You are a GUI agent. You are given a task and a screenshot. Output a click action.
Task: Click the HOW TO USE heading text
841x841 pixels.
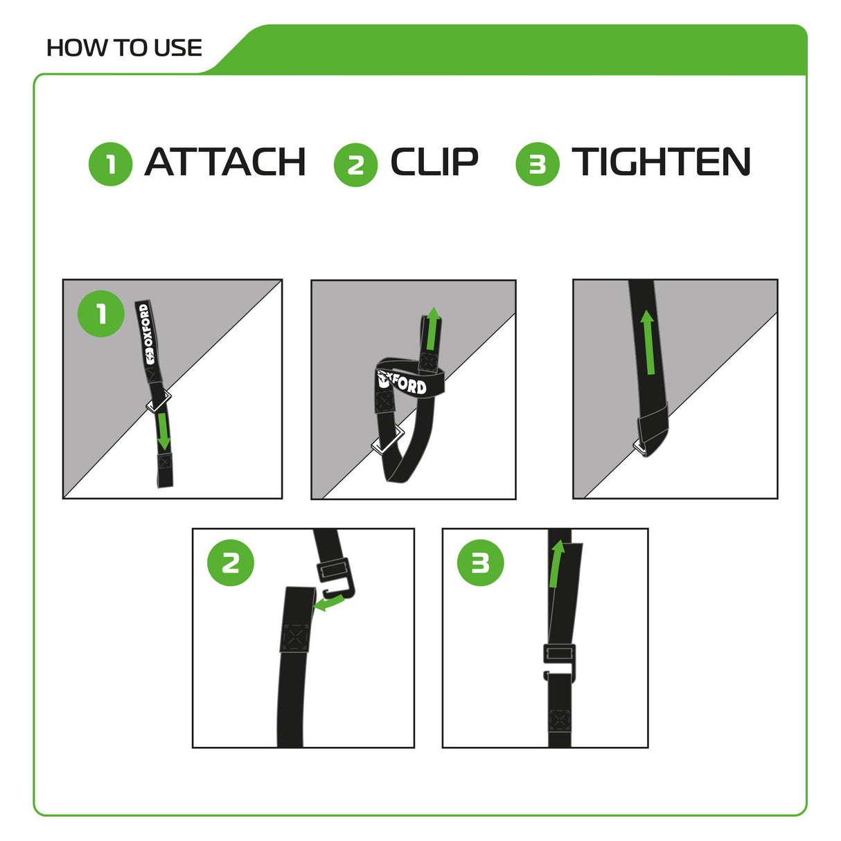click(x=124, y=48)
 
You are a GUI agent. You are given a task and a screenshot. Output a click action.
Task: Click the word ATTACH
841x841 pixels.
click(x=225, y=162)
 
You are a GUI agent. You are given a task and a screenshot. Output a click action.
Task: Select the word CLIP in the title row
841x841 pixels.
click(x=434, y=162)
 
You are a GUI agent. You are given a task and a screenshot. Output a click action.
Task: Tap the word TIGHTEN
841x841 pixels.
click(x=661, y=162)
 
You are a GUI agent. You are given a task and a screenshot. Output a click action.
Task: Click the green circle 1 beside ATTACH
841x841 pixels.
click(x=110, y=164)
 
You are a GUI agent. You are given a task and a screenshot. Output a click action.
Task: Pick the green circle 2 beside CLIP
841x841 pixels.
click(x=355, y=165)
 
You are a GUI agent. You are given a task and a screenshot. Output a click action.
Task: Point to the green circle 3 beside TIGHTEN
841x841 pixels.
click(x=537, y=164)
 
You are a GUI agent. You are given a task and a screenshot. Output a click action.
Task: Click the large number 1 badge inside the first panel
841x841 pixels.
click(x=101, y=314)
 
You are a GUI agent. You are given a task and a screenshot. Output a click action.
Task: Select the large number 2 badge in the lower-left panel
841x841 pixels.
click(x=231, y=563)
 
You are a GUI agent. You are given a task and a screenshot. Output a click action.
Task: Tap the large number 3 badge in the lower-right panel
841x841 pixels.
click(x=480, y=563)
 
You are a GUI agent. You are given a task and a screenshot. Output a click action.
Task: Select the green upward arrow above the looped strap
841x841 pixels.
click(x=432, y=328)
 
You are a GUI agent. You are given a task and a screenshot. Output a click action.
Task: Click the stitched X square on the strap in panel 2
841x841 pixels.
click(x=296, y=636)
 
